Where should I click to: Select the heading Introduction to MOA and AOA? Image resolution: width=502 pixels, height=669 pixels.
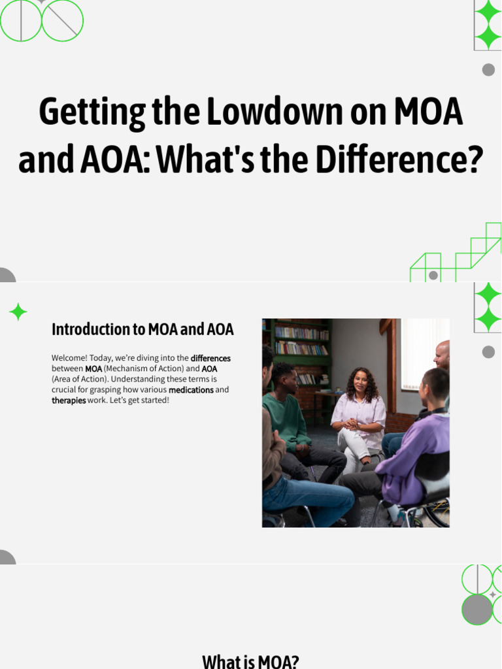tap(142, 329)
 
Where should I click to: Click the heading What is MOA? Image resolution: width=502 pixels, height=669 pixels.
tap(250, 661)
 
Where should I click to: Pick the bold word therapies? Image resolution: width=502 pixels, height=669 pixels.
tap(69, 400)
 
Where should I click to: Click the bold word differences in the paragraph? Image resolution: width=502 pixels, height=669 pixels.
tap(210, 359)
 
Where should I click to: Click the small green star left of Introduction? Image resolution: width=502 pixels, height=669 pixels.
tap(18, 312)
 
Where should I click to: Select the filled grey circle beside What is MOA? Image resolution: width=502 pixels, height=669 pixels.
tap(477, 610)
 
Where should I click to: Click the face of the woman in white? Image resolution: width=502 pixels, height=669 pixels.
tap(360, 381)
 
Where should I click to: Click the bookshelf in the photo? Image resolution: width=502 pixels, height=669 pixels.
tap(301, 346)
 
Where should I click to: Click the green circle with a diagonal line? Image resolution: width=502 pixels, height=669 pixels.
tap(62, 20)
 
